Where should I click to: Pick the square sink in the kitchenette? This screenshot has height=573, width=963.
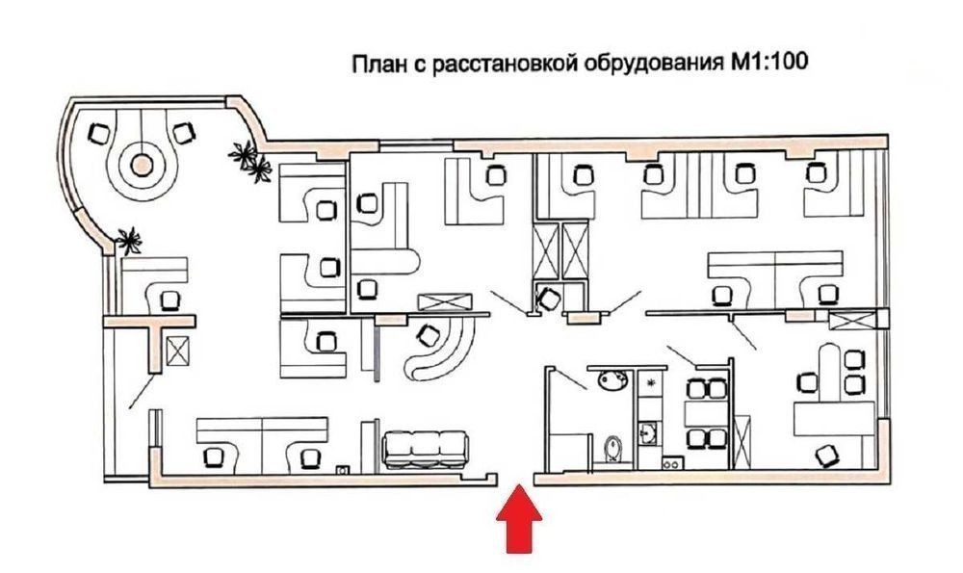coord(649,431)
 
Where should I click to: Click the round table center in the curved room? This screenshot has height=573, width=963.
coord(143,165)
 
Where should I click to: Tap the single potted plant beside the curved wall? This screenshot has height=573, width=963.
coord(129,237)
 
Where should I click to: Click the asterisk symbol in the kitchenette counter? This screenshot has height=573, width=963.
coord(651,383)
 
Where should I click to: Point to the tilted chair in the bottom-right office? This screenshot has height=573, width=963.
coord(824,452)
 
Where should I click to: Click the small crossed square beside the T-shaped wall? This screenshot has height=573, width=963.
coord(179,352)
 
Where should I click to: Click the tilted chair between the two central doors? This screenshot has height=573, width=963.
coord(549,299)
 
